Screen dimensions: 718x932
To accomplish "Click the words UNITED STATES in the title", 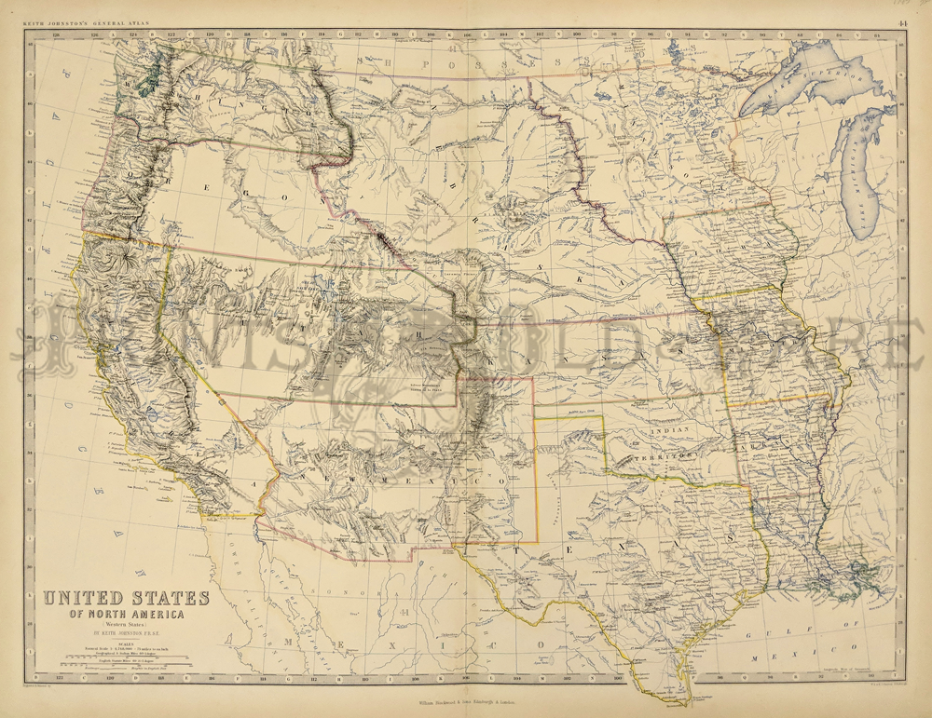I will coord(127,598).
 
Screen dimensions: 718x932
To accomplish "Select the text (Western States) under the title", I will coord(127,625).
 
